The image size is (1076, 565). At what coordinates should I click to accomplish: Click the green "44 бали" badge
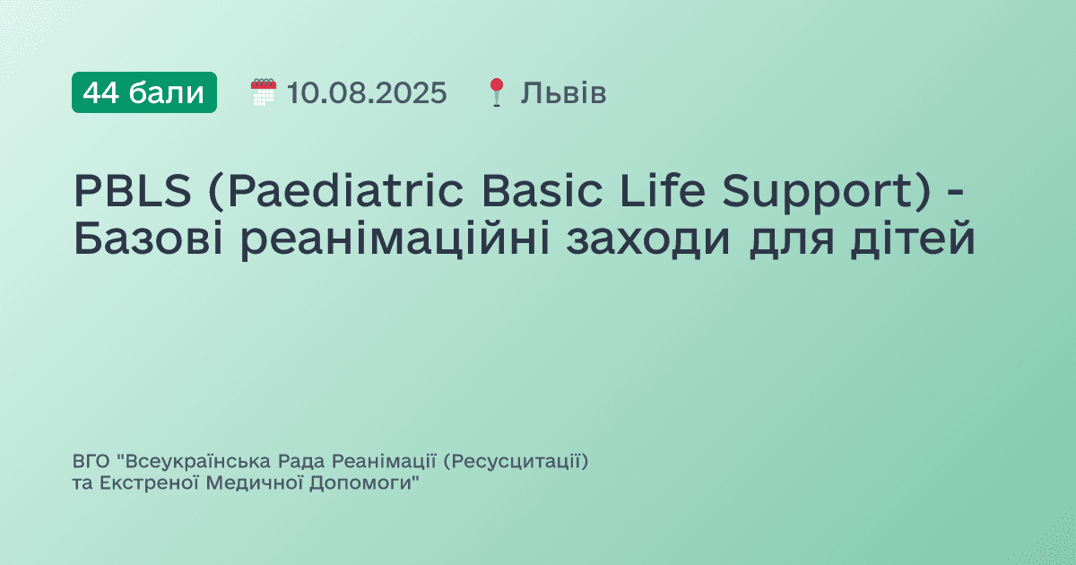tap(144, 92)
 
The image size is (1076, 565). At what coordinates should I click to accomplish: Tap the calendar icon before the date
tap(263, 92)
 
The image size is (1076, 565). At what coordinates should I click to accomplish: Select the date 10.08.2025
tap(367, 92)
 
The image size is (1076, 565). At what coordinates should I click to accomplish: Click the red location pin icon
tap(497, 92)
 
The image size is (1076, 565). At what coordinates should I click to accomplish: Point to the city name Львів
tap(563, 92)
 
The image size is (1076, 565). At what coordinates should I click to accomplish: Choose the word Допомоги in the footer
tap(360, 483)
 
